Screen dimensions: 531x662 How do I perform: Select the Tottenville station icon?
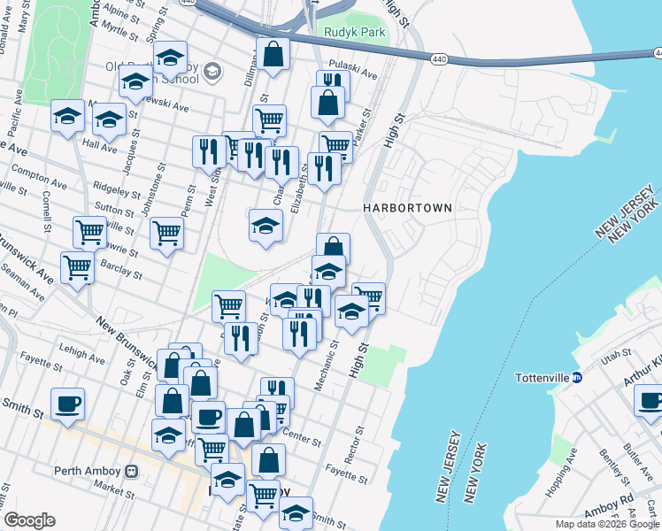pyautogui.click(x=577, y=377)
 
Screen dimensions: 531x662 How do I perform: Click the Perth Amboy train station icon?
pyautogui.click(x=132, y=471)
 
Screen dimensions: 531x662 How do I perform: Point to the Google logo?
pyautogui.click(x=29, y=520)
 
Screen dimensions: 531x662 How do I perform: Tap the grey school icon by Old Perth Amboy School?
pyautogui.click(x=212, y=71)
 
